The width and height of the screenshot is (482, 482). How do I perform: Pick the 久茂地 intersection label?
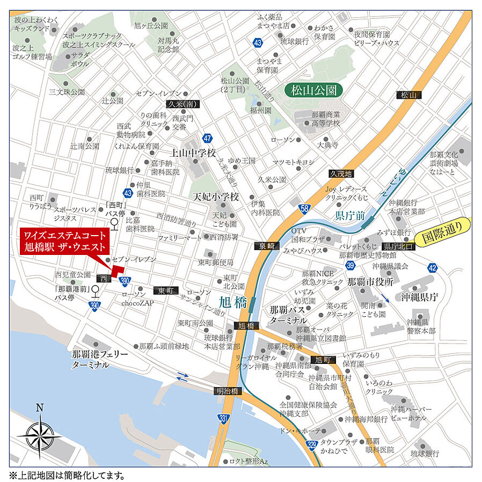pyautogui.click(x=341, y=173)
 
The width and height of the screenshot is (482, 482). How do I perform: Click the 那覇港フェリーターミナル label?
pyautogui.click(x=100, y=360)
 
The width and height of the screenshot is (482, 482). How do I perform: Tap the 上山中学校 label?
pyautogui.click(x=193, y=152)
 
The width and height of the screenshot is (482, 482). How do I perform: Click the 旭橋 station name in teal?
pyautogui.click(x=234, y=302)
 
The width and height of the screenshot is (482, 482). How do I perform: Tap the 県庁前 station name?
pyautogui.click(x=349, y=216)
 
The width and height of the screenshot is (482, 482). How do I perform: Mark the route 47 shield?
pyautogui.click(x=208, y=138)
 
